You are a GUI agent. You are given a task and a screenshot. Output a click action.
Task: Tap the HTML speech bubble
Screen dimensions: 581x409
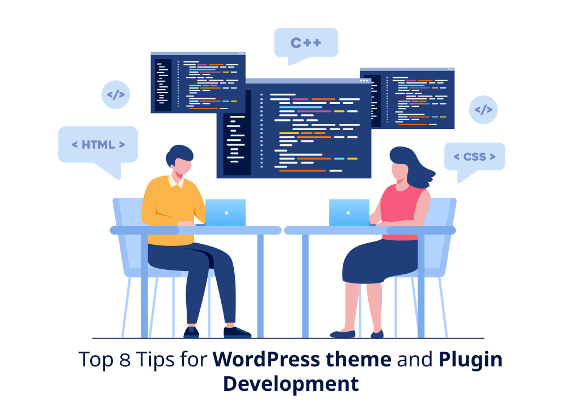(x=98, y=145)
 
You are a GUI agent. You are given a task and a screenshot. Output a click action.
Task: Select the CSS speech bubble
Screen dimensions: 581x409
(x=475, y=157)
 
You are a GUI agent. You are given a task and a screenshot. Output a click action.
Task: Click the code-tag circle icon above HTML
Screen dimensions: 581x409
(x=116, y=95)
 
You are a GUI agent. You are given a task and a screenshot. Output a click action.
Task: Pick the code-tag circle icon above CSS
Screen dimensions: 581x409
(x=483, y=110)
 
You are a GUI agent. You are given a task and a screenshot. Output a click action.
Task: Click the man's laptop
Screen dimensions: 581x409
(x=225, y=212)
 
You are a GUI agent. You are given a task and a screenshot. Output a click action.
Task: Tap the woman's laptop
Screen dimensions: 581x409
(x=349, y=212)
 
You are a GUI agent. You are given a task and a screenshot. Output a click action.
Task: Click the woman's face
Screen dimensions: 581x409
(x=399, y=169)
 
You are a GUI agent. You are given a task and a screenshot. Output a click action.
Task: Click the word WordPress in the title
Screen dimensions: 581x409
(x=266, y=360)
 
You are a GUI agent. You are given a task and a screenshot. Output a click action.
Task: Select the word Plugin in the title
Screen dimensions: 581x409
(x=470, y=360)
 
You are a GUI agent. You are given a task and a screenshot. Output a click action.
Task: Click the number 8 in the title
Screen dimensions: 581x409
(x=125, y=360)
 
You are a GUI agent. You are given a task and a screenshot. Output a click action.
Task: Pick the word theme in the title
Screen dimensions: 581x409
(x=359, y=360)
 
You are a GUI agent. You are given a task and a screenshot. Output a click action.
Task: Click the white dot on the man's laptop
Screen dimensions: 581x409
(x=226, y=213)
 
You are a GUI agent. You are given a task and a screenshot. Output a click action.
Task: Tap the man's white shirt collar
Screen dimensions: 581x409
(x=176, y=181)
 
